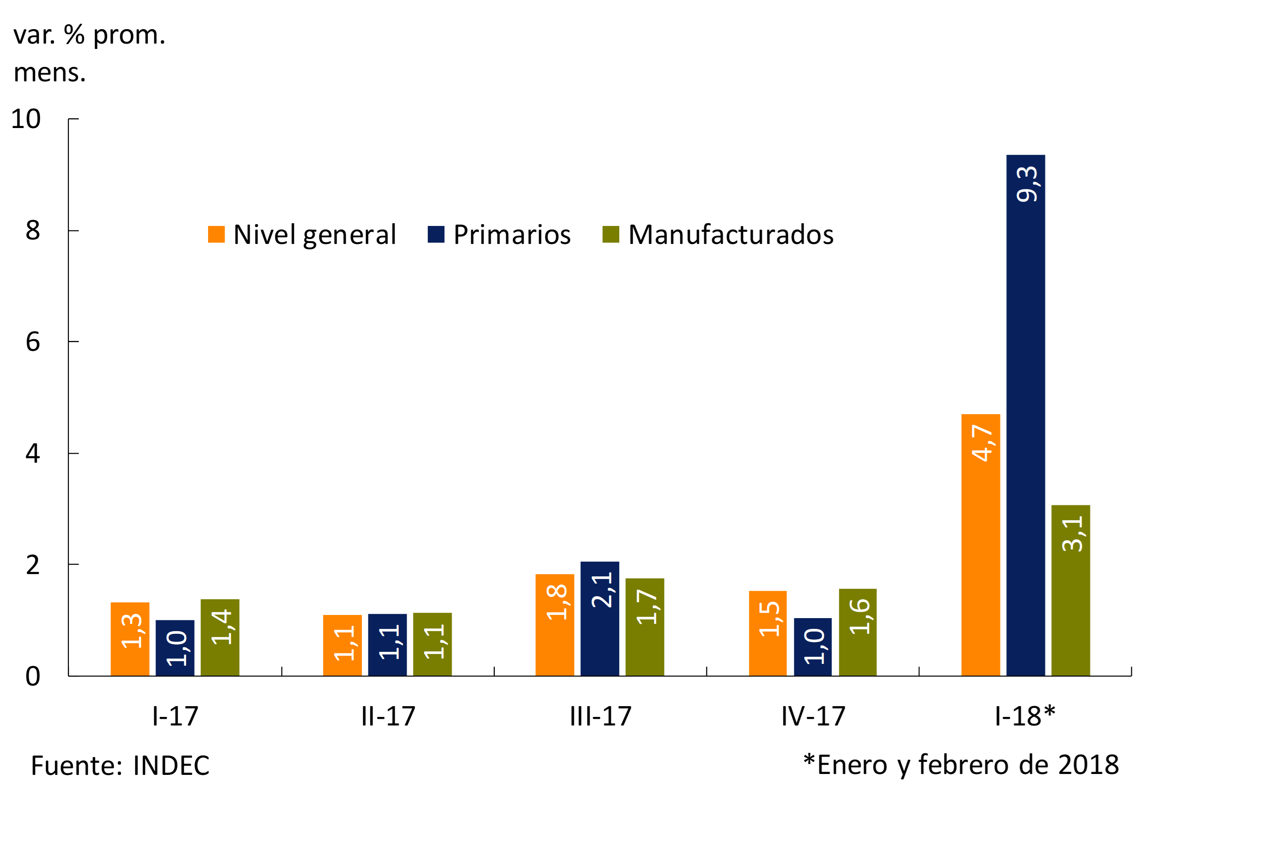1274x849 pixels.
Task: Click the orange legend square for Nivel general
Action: [x=216, y=234]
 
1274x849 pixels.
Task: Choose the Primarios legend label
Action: [x=512, y=234]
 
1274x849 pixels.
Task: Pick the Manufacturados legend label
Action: [x=731, y=234]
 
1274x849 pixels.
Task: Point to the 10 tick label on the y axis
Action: [x=26, y=119]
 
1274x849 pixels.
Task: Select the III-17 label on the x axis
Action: [x=600, y=716]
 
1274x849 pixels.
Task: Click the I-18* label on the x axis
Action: [x=1025, y=716]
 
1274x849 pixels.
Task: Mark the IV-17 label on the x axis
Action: [x=813, y=716]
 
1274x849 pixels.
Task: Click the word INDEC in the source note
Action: [x=171, y=765]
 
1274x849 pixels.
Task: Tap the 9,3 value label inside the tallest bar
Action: [x=1026, y=184]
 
